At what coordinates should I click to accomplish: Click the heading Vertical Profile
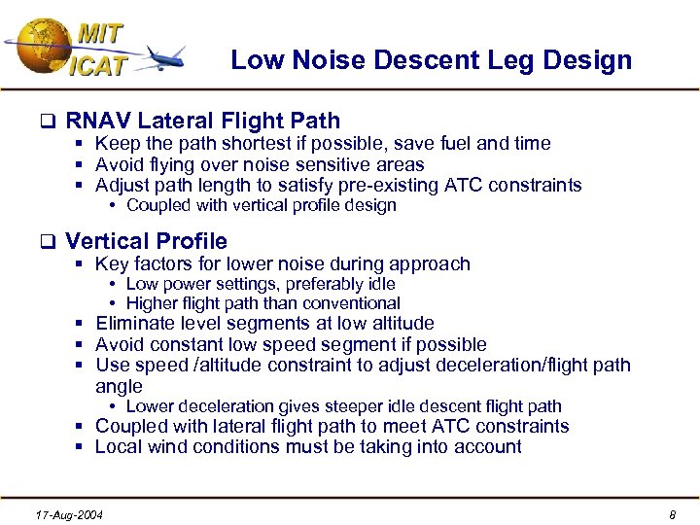coord(146,241)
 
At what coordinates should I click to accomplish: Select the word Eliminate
coord(135,324)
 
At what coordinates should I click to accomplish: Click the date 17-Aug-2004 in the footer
coord(68,513)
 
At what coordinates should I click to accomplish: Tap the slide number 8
coord(672,513)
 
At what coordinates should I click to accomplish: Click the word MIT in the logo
coord(100,32)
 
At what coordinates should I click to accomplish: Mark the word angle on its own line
coord(120,386)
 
